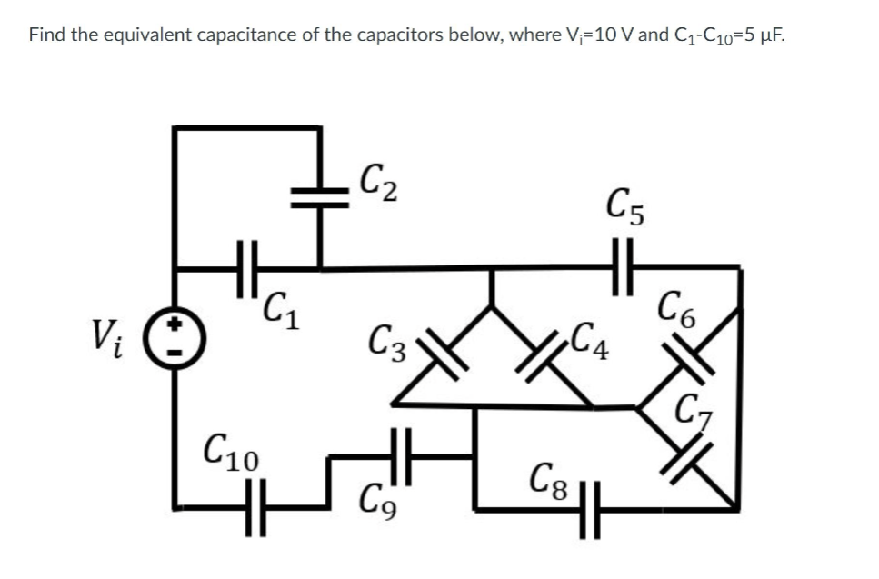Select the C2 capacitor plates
(x=319, y=199)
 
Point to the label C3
(x=390, y=345)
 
